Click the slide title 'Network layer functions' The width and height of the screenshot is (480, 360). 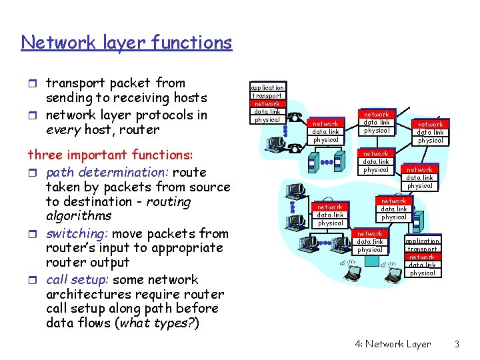click(x=127, y=43)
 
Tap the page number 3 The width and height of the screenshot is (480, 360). click(x=457, y=344)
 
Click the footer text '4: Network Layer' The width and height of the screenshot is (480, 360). click(x=393, y=344)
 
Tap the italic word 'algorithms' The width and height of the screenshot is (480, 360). click(x=79, y=216)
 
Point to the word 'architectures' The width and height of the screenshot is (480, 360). click(x=87, y=294)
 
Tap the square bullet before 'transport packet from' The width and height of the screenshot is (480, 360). click(x=35, y=84)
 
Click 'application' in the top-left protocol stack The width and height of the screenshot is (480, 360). click(x=267, y=87)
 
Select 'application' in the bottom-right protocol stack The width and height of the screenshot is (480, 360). click(x=423, y=241)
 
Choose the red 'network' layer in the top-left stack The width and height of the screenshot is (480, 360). click(x=267, y=103)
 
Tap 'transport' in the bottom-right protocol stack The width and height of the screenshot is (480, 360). click(x=423, y=249)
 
